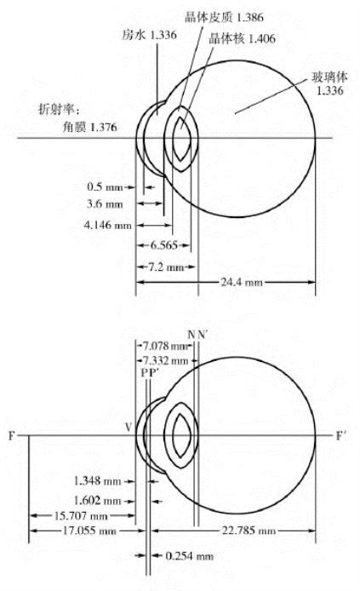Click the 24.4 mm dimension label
tap(242, 282)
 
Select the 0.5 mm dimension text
tap(105, 186)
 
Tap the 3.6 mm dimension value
tap(105, 204)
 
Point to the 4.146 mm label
tap(108, 225)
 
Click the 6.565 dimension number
tap(163, 245)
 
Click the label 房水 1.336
tap(149, 35)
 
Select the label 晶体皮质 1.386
tap(224, 17)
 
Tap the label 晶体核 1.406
tap(243, 38)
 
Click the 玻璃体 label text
tap(329, 77)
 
